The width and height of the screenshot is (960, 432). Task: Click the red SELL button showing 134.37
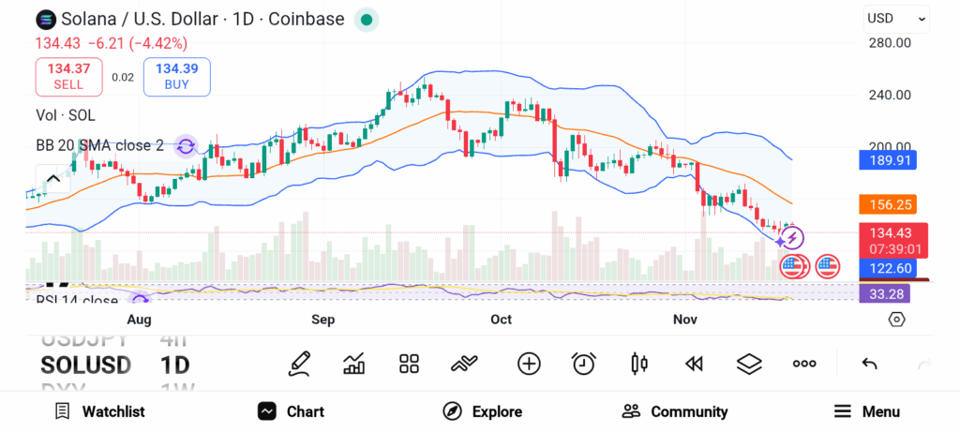(68, 76)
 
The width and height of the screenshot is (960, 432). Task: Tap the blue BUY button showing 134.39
(176, 76)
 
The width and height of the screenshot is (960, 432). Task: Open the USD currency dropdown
(896, 18)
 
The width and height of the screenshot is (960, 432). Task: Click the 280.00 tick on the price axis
(890, 42)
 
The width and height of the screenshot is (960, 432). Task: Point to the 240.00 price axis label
(890, 95)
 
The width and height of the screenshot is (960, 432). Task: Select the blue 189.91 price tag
(887, 160)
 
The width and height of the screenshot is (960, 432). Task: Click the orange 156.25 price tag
(887, 204)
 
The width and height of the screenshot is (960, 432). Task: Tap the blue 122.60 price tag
(887, 269)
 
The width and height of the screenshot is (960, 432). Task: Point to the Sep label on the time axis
(323, 320)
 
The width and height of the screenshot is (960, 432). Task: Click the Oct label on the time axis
(502, 320)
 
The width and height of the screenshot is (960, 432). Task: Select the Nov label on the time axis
(685, 320)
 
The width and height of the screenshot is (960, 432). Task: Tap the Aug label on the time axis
(139, 320)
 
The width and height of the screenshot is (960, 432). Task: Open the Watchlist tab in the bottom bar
(99, 411)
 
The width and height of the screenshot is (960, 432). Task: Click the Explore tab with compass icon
(482, 411)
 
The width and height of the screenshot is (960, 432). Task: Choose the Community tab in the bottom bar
(674, 411)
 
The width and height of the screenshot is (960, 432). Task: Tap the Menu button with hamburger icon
(866, 411)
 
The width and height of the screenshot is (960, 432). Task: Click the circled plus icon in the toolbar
(529, 364)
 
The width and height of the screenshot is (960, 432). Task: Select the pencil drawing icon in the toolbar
(300, 364)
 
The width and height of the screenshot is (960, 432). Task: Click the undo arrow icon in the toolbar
(869, 364)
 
